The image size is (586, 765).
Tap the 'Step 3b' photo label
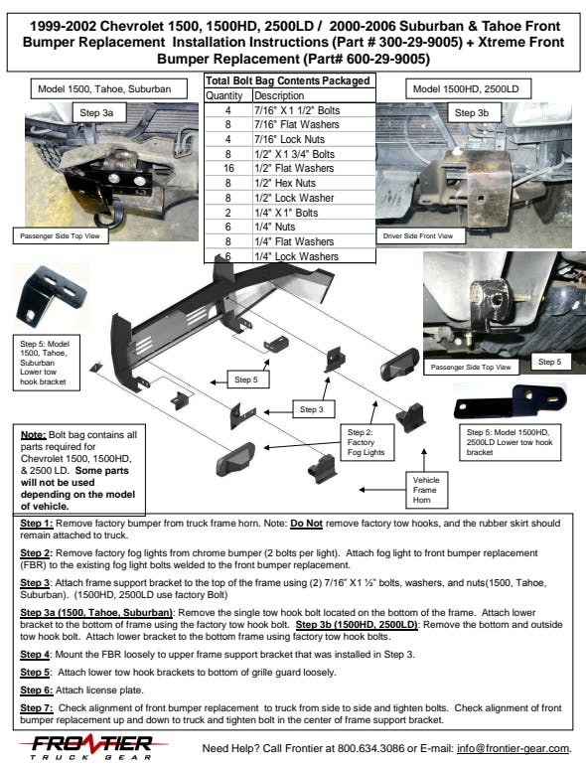(472, 112)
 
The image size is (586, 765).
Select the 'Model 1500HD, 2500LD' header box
(468, 88)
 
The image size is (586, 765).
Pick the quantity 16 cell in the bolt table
(228, 168)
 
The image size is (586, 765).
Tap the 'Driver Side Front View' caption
(418, 236)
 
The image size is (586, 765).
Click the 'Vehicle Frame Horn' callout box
(427, 490)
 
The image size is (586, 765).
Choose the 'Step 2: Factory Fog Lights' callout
(366, 442)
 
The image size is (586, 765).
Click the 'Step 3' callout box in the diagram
(313, 409)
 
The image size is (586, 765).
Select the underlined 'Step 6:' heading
(37, 690)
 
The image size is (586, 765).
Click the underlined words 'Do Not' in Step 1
(307, 524)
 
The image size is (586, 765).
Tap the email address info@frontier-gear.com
(513, 748)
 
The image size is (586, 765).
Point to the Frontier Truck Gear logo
(92, 747)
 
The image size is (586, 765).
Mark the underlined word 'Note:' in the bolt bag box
(33, 435)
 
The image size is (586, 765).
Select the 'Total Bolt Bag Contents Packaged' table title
(288, 81)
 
